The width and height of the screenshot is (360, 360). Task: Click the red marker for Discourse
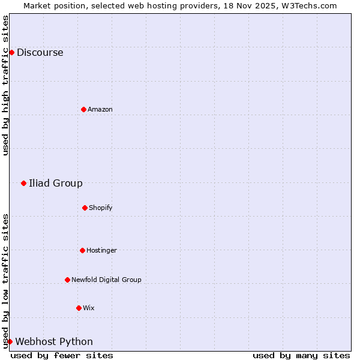[x=11, y=52]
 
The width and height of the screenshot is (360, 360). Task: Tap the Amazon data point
[x=83, y=109]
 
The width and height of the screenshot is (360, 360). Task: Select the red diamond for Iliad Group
[x=23, y=183]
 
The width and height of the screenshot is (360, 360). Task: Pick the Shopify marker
[x=85, y=208]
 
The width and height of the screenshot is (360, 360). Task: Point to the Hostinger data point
[x=82, y=250]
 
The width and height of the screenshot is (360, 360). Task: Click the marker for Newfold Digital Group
[x=67, y=280]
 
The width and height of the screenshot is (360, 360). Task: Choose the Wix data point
[x=79, y=308]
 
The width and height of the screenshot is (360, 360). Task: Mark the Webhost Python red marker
[x=10, y=341]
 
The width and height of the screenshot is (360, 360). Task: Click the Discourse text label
[x=40, y=52]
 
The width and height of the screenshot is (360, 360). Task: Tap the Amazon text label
[x=100, y=109]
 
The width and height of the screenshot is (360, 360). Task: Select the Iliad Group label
[x=56, y=183]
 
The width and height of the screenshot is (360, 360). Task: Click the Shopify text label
[x=100, y=208]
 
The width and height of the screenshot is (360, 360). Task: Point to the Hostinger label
[x=101, y=250]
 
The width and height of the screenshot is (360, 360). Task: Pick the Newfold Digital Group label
[x=106, y=280]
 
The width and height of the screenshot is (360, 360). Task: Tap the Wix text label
[x=88, y=308]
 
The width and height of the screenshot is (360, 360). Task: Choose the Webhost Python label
[x=54, y=341]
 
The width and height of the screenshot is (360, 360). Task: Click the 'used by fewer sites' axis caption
[x=62, y=355]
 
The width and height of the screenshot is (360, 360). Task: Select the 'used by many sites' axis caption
[x=301, y=355]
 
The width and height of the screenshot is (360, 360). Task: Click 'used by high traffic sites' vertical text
[x=5, y=85]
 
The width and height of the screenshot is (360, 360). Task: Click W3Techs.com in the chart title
[x=310, y=5]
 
